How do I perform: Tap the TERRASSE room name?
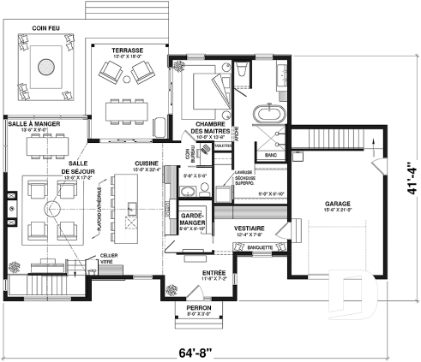click(127, 50)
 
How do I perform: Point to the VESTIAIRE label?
click(249, 228)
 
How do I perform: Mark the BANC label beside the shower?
click(271, 155)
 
